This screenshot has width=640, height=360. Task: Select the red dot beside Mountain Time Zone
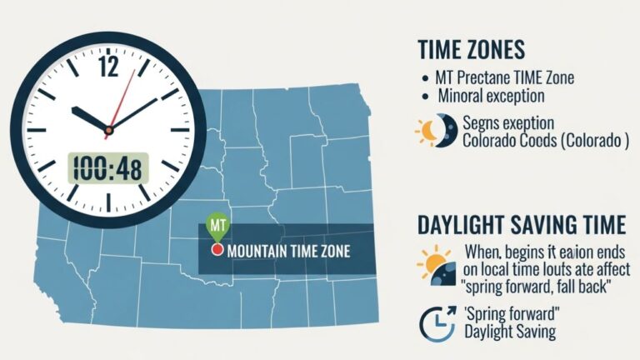tap(217, 250)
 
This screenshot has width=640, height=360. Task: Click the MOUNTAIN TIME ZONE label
tap(288, 250)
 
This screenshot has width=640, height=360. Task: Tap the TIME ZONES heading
tap(472, 48)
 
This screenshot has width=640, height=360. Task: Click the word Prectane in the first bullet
tap(488, 77)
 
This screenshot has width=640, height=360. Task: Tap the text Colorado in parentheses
tap(591, 141)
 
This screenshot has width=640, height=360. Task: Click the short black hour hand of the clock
tap(90, 118)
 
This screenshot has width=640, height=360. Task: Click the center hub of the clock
tap(108, 129)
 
